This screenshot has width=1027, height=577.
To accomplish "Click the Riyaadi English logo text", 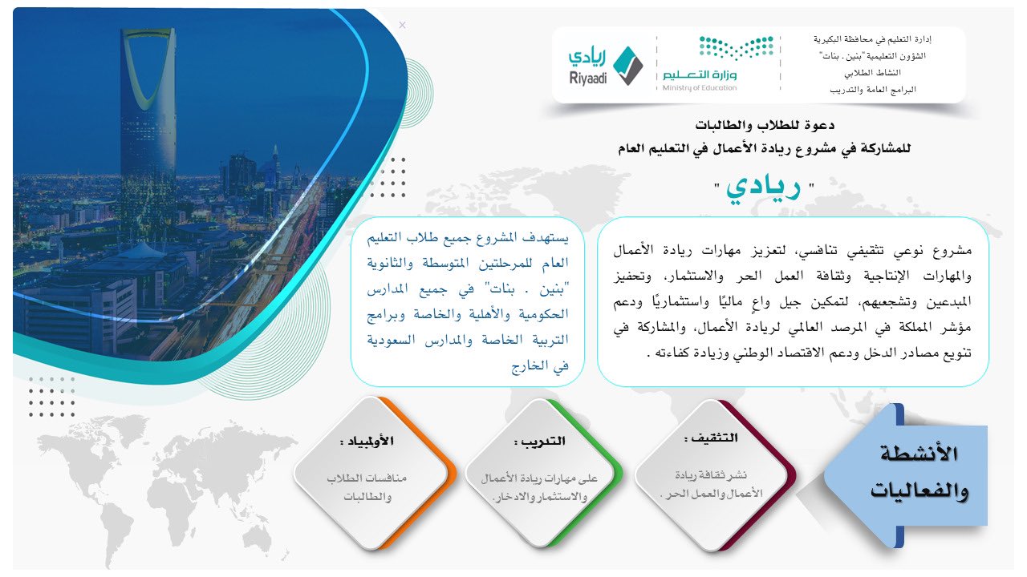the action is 588,78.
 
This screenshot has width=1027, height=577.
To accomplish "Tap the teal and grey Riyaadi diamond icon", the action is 628,66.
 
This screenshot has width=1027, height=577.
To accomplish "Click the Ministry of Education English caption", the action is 700,88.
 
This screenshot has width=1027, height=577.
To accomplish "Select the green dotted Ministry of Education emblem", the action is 737,47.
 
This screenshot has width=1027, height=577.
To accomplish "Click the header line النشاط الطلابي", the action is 872,73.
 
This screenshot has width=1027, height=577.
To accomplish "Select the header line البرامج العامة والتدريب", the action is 872,90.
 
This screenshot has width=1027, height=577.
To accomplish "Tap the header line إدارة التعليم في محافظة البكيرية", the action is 872,39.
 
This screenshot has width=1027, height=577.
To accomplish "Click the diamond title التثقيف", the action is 714,438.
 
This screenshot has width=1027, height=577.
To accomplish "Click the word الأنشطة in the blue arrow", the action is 919,454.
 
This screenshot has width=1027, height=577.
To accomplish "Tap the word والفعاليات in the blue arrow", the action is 919,490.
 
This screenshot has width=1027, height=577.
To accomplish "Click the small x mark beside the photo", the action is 402,25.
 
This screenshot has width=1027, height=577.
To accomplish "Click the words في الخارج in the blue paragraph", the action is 540,366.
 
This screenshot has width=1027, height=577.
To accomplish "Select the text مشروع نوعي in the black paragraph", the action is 932,251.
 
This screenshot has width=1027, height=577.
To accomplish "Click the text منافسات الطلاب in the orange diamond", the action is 367,478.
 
